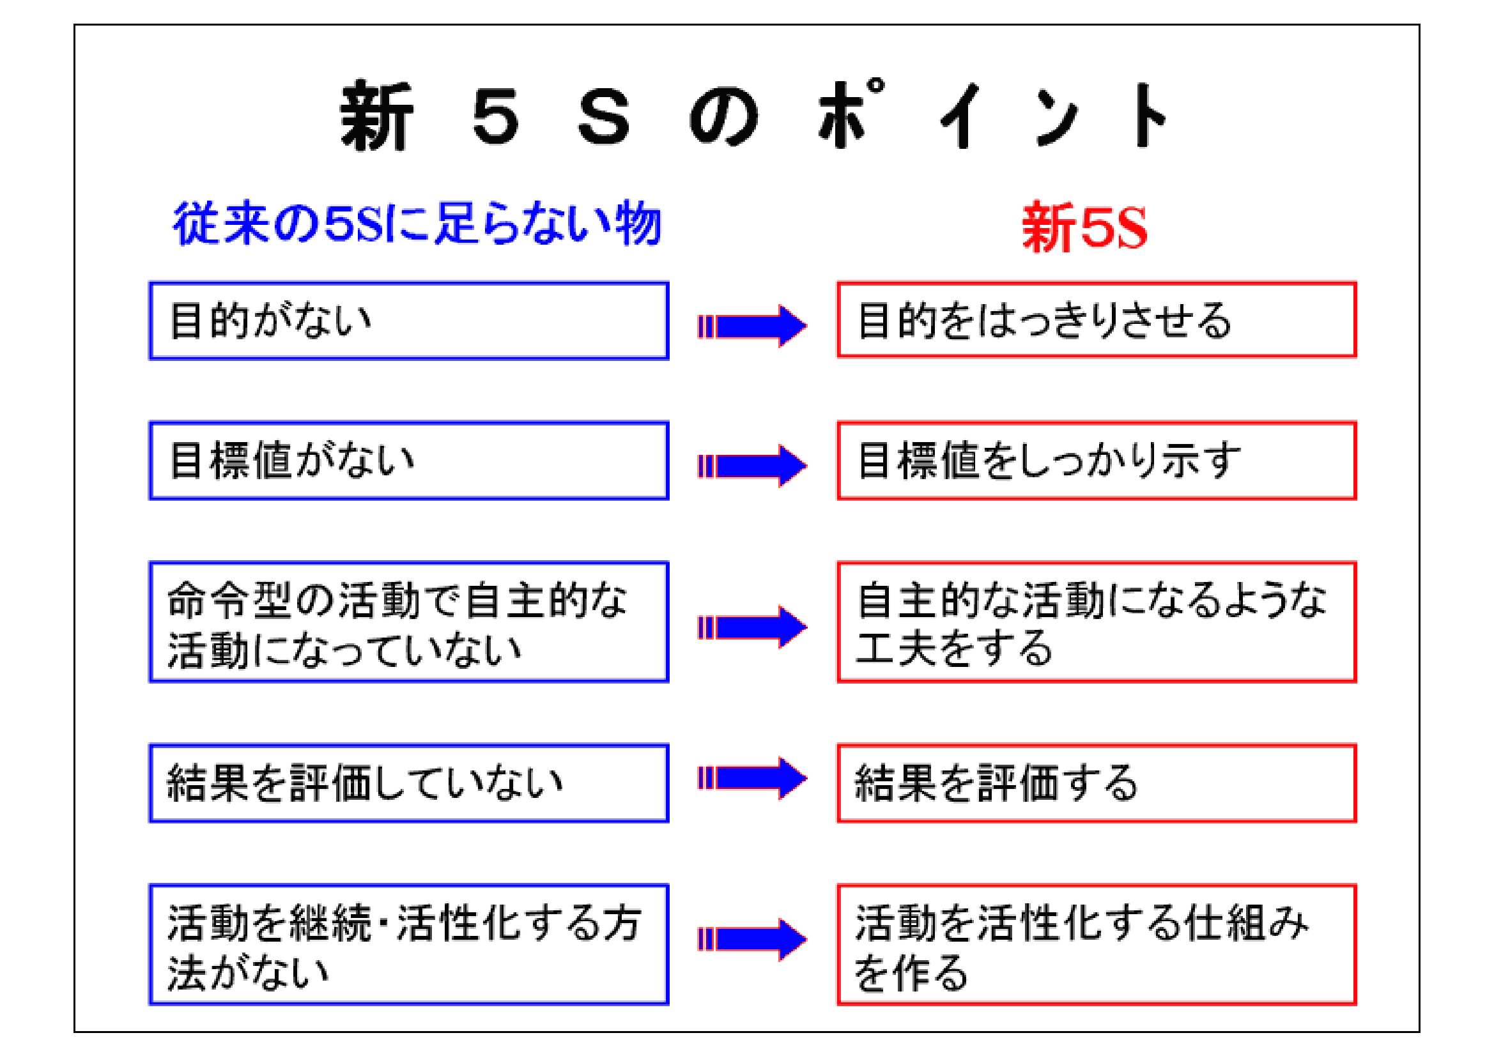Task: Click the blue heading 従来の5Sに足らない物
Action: point(417,224)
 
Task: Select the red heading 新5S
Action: point(1084,227)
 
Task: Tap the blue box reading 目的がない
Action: point(408,320)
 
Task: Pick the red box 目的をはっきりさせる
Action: point(1097,319)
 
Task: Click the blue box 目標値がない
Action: point(408,461)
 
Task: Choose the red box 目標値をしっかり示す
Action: point(1097,461)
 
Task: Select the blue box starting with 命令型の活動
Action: point(408,622)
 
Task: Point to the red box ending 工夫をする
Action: point(1097,622)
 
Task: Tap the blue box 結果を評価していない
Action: point(408,783)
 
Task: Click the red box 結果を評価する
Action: point(1097,783)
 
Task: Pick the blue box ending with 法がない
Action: point(408,944)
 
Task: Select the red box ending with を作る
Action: point(1097,944)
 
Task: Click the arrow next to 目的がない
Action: point(753,326)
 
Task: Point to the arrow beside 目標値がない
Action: point(753,466)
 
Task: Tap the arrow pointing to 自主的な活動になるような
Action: point(753,627)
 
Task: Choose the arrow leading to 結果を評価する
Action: point(753,778)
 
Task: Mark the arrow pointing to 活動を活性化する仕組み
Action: point(753,940)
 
